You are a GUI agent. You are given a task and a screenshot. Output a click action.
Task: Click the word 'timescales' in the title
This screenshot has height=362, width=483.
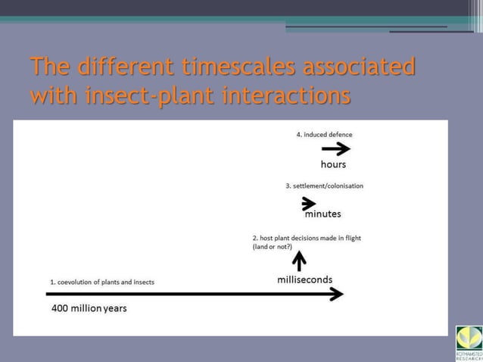[x=233, y=67]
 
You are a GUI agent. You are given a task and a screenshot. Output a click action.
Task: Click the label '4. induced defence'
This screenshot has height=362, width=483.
[x=324, y=135]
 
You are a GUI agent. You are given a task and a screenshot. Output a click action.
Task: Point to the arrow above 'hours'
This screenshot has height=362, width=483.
[x=335, y=149]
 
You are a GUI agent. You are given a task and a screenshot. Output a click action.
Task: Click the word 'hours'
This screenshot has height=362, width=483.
[x=334, y=164]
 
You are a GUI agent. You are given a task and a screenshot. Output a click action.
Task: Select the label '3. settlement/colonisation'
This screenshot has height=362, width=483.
[x=324, y=186]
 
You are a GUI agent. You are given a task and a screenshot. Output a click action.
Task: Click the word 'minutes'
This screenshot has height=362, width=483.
[x=323, y=214]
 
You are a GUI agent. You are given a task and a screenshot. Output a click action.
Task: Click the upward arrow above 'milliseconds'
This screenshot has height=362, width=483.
[x=300, y=261]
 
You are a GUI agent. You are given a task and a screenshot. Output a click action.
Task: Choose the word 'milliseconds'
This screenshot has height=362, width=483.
[x=305, y=279]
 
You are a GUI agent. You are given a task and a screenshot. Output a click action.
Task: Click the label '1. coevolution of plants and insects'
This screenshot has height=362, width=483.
[x=102, y=282]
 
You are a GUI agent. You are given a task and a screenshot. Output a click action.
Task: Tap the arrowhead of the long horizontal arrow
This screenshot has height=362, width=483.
[x=336, y=294]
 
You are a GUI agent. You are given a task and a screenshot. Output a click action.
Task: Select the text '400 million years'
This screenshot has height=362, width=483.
[x=89, y=309]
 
